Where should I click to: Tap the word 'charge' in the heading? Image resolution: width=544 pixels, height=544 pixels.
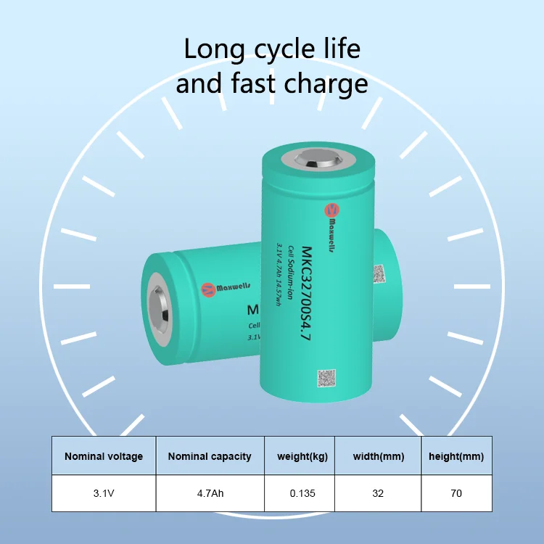pyautogui.click(x=328, y=84)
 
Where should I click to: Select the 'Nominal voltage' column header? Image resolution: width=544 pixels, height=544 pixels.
pyautogui.click(x=104, y=456)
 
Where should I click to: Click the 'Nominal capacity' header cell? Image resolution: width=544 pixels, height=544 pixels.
pyautogui.click(x=210, y=456)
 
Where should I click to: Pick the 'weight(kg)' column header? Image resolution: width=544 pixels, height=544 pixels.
pyautogui.click(x=301, y=456)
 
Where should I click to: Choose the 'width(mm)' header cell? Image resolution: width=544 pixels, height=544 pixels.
pyautogui.click(x=378, y=456)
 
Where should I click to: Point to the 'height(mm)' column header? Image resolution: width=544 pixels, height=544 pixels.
pyautogui.click(x=456, y=456)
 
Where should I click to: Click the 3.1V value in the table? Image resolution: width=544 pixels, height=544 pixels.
pyautogui.click(x=104, y=493)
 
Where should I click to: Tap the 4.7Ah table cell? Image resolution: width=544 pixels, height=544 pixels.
pyautogui.click(x=210, y=493)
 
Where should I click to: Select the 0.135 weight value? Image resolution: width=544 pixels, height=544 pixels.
pyautogui.click(x=301, y=493)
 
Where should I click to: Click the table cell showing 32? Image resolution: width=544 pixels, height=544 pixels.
pyautogui.click(x=378, y=493)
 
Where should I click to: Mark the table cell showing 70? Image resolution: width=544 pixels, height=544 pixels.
pyautogui.click(x=456, y=493)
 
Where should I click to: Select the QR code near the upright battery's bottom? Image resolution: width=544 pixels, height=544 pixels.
pyautogui.click(x=327, y=379)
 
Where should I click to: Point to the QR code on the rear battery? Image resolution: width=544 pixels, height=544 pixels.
pyautogui.click(x=378, y=274)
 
